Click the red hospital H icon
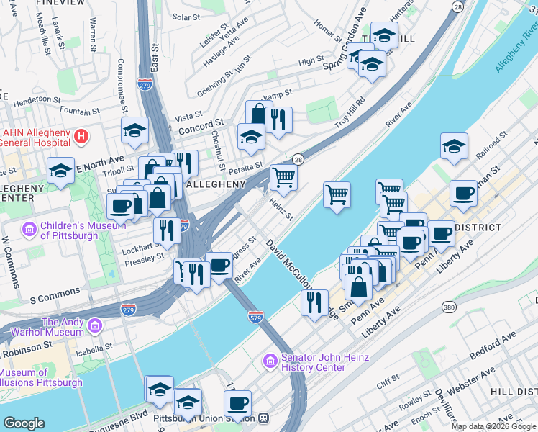pyautogui.click(x=83, y=135)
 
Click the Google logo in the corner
pyautogui.click(x=24, y=423)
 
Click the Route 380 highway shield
pyautogui.click(x=450, y=307)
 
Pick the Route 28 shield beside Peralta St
pyautogui.click(x=296, y=159)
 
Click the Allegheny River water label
pyautogui.click(x=516, y=50)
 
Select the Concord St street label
pyautogui.click(x=201, y=123)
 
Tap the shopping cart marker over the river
pyautogui.click(x=337, y=194)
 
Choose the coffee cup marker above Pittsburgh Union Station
pyautogui.click(x=238, y=403)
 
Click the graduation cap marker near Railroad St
pyautogui.click(x=454, y=146)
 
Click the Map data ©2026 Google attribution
pyautogui.click(x=493, y=426)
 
